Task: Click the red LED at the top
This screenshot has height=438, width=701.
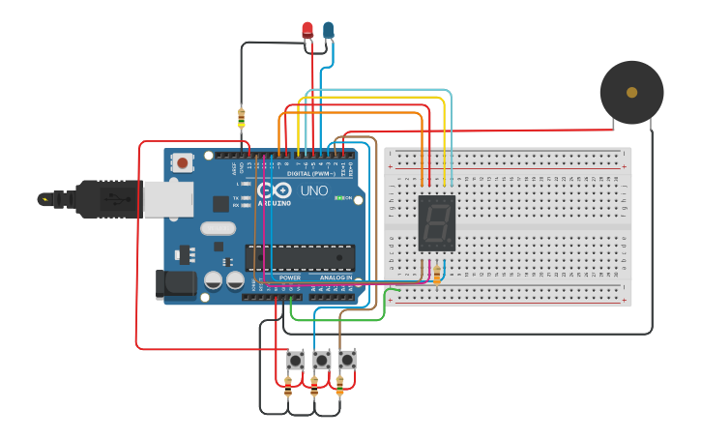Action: [x=307, y=30]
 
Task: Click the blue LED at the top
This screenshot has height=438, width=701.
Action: [x=328, y=30]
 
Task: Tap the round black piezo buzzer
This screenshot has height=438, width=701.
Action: [x=631, y=93]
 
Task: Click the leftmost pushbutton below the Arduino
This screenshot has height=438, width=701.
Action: [x=295, y=360]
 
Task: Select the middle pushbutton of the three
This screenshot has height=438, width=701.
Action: [x=321, y=360]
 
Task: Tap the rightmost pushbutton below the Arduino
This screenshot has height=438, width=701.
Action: [x=346, y=360]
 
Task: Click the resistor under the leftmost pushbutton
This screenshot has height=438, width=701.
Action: [x=288, y=388]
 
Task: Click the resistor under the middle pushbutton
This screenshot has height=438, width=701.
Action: [x=313, y=388]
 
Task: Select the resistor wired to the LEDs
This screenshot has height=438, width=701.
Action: [x=241, y=118]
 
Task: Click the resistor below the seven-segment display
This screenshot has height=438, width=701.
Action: [x=436, y=277]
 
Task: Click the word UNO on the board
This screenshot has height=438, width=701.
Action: [x=314, y=190]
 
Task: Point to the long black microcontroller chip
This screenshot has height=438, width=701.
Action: [x=300, y=257]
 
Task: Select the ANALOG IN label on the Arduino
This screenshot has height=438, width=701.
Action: [x=336, y=277]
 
